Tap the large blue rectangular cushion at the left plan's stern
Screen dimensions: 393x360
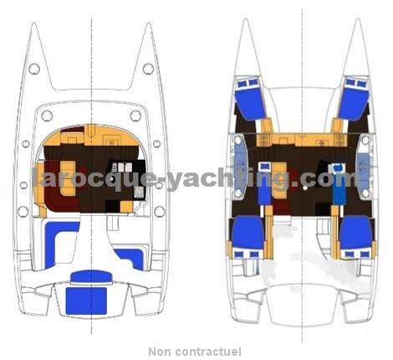click(86, 301)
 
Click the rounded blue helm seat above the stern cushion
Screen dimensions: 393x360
click(91, 276)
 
